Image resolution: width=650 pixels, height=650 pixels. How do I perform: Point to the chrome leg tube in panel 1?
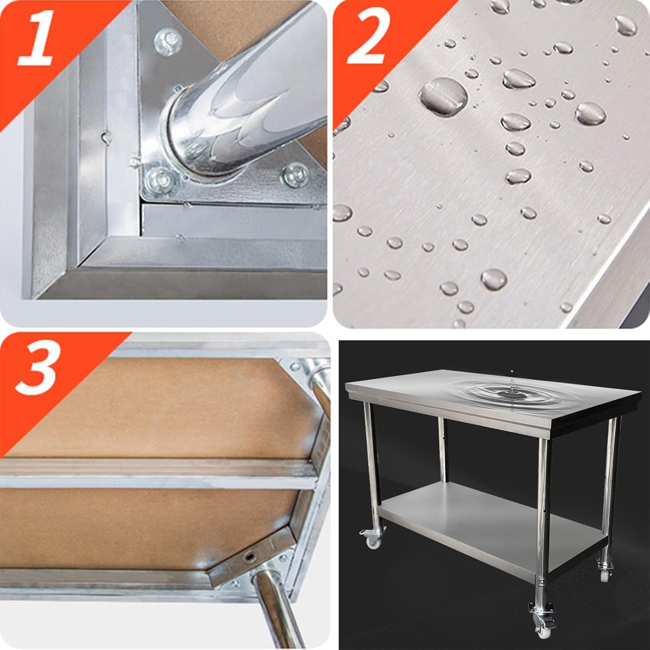[x=243, y=100]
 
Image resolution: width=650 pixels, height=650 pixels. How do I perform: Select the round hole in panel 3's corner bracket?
[x=250, y=556]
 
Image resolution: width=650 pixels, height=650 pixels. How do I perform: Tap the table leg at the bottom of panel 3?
[x=277, y=611]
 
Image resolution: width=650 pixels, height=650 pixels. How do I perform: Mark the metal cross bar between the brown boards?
[x=156, y=474]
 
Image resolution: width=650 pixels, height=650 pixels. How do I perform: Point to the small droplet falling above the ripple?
[x=512, y=371]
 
